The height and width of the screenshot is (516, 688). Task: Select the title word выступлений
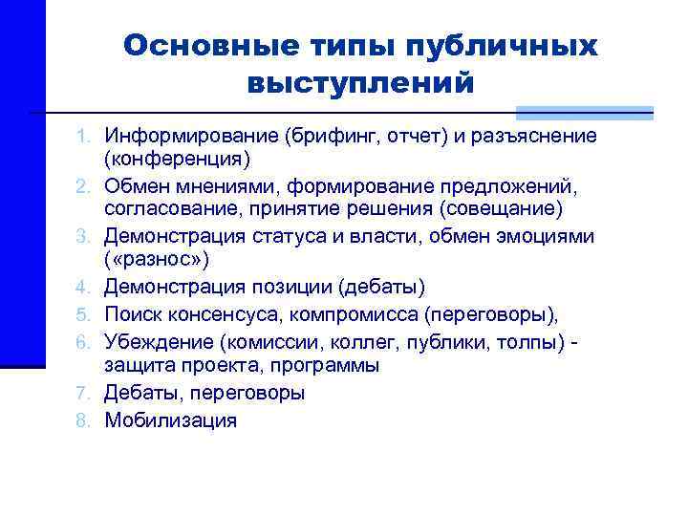point(360,83)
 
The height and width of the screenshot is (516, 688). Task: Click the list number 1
point(85,136)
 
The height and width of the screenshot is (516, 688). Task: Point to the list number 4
point(85,286)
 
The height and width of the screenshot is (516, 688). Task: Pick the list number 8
point(85,419)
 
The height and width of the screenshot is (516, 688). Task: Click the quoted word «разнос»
point(157,260)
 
